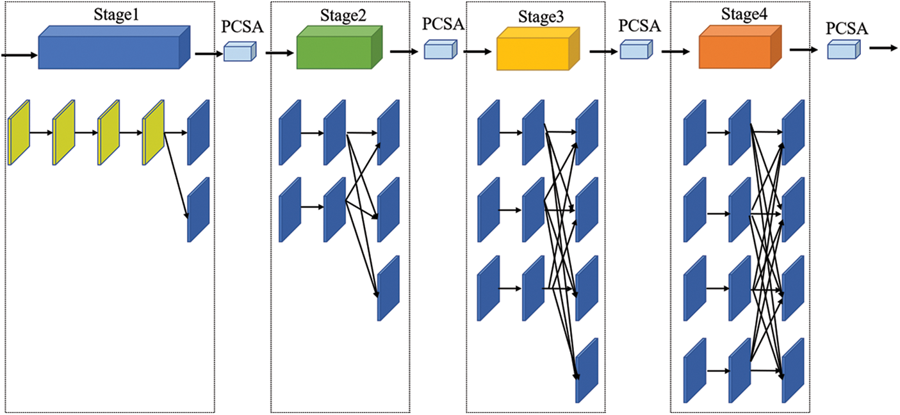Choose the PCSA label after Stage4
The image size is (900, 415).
click(x=847, y=28)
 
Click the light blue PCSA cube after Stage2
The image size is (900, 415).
click(x=440, y=50)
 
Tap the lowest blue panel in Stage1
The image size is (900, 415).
click(x=198, y=209)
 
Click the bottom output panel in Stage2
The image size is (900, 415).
click(x=388, y=288)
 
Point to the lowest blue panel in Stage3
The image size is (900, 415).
click(x=587, y=370)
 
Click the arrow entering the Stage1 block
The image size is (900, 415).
click(x=19, y=56)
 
